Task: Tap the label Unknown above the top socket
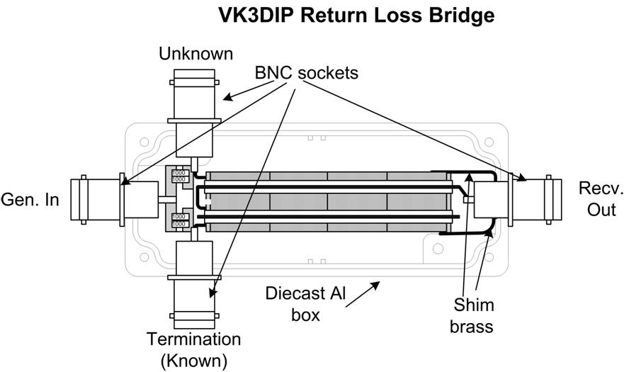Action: tap(196, 53)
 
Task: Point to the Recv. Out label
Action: tap(601, 199)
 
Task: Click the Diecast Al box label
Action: tap(305, 303)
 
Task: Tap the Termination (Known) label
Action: tap(193, 349)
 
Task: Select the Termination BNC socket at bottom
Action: tap(193, 283)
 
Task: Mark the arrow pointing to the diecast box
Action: tap(366, 291)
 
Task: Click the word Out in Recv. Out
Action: tap(601, 210)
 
